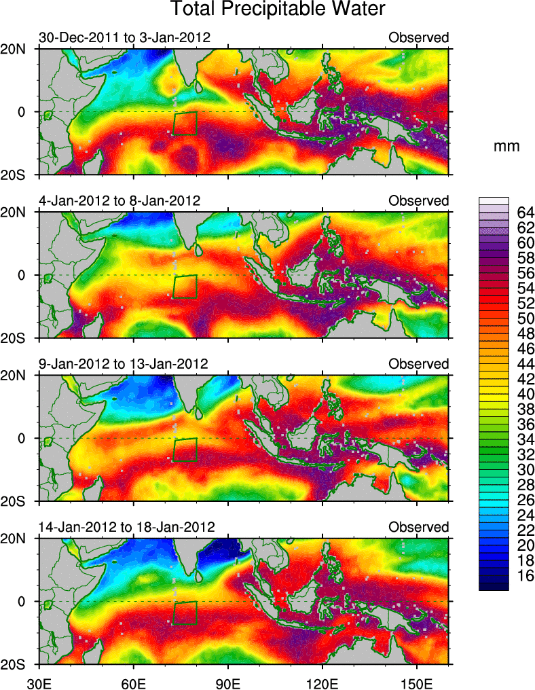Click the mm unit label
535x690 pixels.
point(507,147)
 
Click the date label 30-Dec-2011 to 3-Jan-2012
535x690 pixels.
point(124,37)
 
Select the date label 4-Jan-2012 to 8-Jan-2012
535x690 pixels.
point(119,201)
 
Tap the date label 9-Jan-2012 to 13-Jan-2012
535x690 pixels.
point(124,364)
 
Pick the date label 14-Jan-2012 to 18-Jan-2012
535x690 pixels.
point(127,527)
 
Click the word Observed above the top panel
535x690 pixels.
point(418,37)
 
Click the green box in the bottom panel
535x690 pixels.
point(185,613)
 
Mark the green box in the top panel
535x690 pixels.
point(185,124)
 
